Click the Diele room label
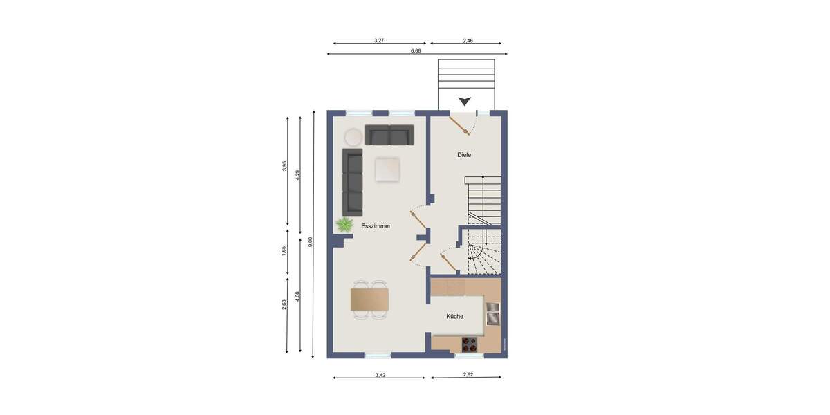pyautogui.click(x=464, y=155)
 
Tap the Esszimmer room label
pyautogui.click(x=376, y=226)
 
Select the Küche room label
pyautogui.click(x=454, y=316)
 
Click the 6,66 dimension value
pyautogui.click(x=416, y=50)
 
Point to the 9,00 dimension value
pyautogui.click(x=311, y=241)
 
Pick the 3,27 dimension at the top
pyautogui.click(x=379, y=41)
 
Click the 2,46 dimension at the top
pyautogui.click(x=468, y=41)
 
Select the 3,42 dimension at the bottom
pyautogui.click(x=380, y=375)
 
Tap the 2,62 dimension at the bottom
pyautogui.click(x=468, y=375)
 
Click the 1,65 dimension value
pyautogui.click(x=284, y=251)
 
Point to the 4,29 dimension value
pyautogui.click(x=297, y=175)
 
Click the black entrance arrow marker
pyautogui.click(x=465, y=101)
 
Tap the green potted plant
pyautogui.click(x=344, y=224)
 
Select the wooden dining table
pyautogui.click(x=369, y=299)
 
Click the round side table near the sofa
pyautogui.click(x=353, y=136)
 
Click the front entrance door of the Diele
pyautogui.click(x=459, y=124)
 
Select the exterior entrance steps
pyautogui.click(x=466, y=75)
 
